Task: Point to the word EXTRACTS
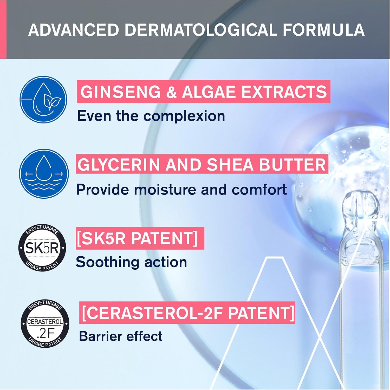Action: tap(284, 92)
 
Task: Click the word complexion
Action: tap(184, 116)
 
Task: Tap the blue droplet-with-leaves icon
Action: tap(43, 100)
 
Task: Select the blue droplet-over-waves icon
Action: tap(44, 173)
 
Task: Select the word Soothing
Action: tap(108, 262)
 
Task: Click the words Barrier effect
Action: tap(121, 336)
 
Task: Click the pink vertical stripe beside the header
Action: tap(3, 29)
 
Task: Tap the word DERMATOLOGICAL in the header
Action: tap(201, 30)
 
